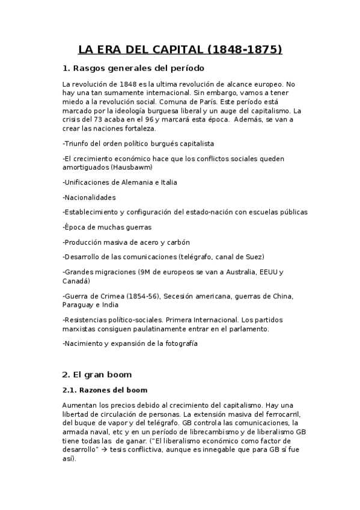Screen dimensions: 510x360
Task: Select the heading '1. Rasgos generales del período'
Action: tap(133, 68)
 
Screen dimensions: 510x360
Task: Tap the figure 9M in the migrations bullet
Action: tap(145, 272)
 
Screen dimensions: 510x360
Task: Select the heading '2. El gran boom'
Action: tap(97, 374)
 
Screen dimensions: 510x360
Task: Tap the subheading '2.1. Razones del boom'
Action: tap(105, 390)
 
